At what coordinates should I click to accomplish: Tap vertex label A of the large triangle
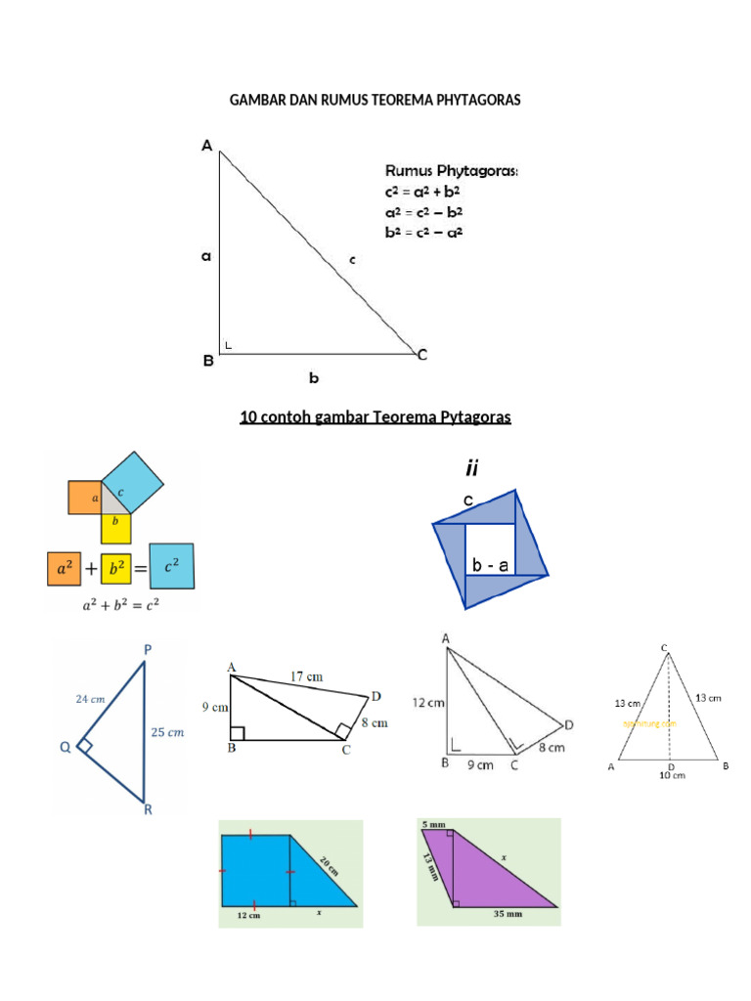click(206, 147)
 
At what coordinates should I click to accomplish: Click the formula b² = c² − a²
click(423, 232)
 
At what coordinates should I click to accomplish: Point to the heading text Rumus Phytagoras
click(452, 171)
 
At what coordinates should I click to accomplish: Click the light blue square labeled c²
click(171, 565)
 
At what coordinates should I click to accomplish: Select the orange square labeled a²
click(64, 568)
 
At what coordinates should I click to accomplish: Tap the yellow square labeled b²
click(116, 568)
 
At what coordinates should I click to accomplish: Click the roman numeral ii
click(471, 469)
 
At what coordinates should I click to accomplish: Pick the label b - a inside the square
click(489, 565)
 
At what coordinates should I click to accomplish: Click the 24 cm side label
click(89, 699)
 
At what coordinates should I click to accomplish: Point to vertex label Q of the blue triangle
click(66, 748)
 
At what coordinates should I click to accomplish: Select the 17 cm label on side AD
click(308, 676)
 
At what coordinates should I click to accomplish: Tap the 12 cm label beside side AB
click(429, 702)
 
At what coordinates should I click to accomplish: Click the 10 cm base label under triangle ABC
click(670, 775)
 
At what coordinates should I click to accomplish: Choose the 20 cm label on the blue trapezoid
click(328, 863)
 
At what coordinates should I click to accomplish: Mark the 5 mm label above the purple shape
click(432, 825)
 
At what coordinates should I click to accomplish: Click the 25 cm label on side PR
click(169, 731)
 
